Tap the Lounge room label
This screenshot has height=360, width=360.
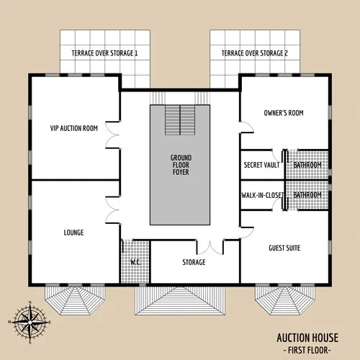[x=73, y=233]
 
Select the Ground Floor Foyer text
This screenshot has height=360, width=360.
[x=180, y=164]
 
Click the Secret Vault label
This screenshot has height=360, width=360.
[x=262, y=165]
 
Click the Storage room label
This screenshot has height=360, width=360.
[x=194, y=262]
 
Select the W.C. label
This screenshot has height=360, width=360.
[x=135, y=262]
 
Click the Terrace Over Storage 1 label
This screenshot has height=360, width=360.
[x=104, y=54]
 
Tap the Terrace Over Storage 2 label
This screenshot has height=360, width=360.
[x=255, y=54]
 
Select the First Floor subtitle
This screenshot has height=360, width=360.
[x=307, y=349]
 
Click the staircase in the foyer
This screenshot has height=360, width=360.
[x=180, y=118]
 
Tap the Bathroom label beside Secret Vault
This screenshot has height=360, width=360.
[x=307, y=165]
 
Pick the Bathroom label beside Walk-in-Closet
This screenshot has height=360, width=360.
[x=307, y=195]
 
